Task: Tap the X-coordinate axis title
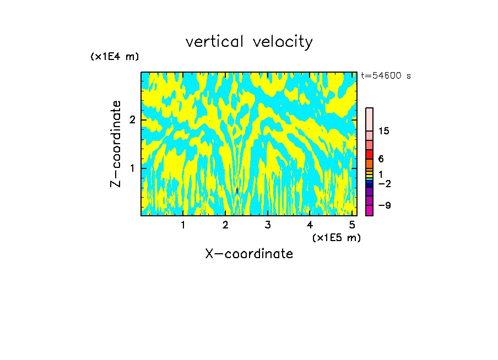pyautogui.click(x=249, y=254)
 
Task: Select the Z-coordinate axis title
pyautogui.click(x=116, y=144)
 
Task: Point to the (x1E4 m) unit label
pyautogui.click(x=115, y=57)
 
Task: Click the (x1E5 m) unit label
pyautogui.click(x=337, y=237)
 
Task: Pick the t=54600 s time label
pyautogui.click(x=386, y=76)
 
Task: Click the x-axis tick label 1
pyautogui.click(x=183, y=225)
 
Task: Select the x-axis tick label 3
pyautogui.click(x=267, y=225)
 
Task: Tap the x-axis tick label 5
pyautogui.click(x=352, y=225)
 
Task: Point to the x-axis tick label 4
pyautogui.click(x=310, y=225)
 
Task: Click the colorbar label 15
pyautogui.click(x=384, y=131)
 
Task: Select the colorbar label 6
pyautogui.click(x=381, y=159)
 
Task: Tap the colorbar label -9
pyautogui.click(x=384, y=205)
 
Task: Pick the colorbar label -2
pyautogui.click(x=384, y=184)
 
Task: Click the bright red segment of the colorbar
pyautogui.click(x=369, y=154)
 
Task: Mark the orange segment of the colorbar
pyautogui.click(x=369, y=163)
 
